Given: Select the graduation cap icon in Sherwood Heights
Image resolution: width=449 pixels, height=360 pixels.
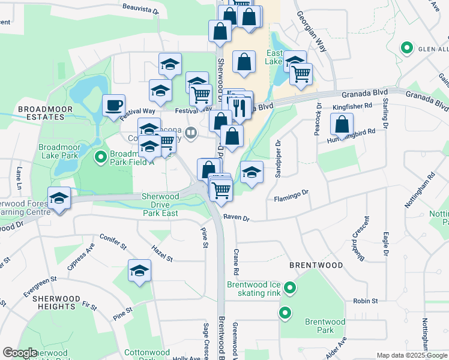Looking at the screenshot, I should coord(139,271).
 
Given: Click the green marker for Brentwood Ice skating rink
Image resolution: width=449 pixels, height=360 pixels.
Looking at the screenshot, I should coord(290,289).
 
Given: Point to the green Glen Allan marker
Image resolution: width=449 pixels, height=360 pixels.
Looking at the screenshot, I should coord(407,47).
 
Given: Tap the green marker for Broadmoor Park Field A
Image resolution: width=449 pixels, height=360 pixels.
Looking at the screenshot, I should coord(100,157).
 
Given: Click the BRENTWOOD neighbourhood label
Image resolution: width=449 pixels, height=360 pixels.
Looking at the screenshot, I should coord(316,265).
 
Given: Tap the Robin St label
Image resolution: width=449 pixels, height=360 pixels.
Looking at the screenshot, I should coord(365,301).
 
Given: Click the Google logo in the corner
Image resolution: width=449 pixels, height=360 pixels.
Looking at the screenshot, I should coord(20,353).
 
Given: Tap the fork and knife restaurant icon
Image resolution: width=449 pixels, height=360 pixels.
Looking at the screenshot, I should coord(238,107).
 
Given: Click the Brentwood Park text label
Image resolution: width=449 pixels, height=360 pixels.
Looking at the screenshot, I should coord(325,326).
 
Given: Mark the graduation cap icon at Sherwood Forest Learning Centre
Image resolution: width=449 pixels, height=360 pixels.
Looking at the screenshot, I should coord(59,199).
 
